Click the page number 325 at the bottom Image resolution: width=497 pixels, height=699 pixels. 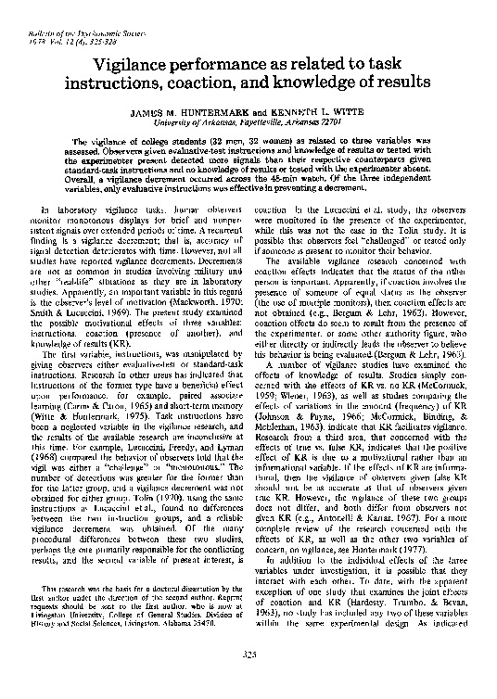point(248,680)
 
